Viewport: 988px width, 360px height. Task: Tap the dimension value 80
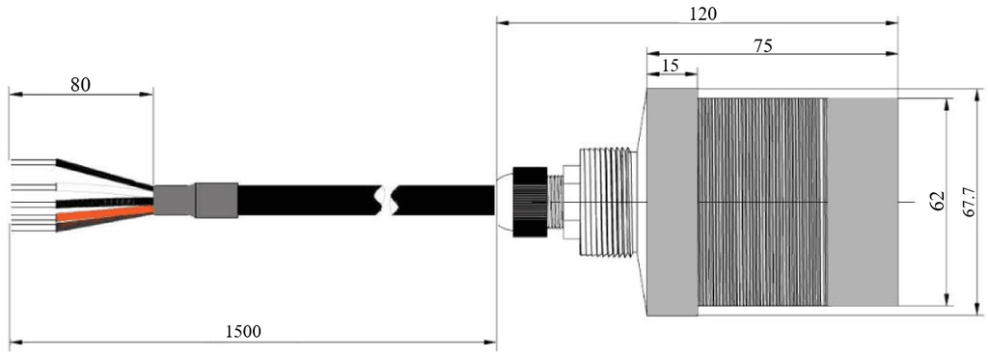coord(80,84)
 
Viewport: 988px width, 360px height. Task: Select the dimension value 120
coord(702,14)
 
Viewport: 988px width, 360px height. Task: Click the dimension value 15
coord(671,67)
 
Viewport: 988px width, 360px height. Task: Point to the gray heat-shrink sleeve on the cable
coord(214,200)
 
